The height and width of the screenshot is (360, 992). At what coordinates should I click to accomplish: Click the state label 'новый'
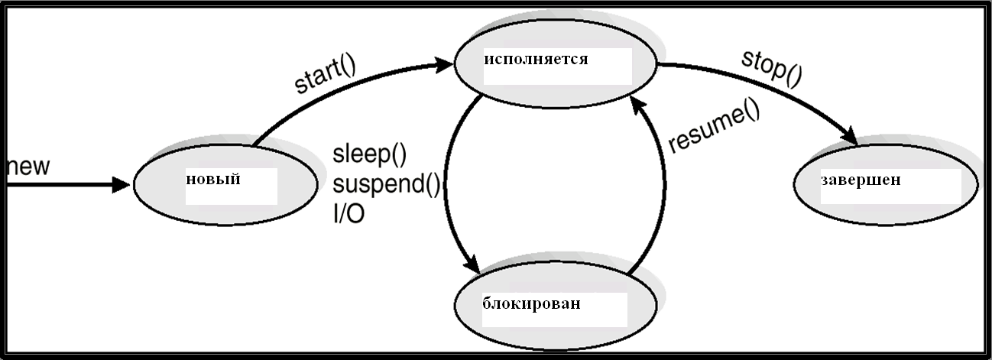(213, 180)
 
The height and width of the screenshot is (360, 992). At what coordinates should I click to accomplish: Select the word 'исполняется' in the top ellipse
(536, 60)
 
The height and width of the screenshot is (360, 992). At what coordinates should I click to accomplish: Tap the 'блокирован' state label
(531, 303)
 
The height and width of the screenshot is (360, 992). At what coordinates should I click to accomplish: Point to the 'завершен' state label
(861, 180)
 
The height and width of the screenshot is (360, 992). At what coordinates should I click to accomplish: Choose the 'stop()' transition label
(771, 69)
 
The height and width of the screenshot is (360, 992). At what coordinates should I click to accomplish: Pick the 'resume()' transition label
(714, 127)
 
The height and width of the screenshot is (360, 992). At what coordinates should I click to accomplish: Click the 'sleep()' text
(369, 154)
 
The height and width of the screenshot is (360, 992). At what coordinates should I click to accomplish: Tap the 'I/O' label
(348, 214)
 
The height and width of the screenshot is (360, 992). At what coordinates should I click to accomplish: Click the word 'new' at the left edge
(28, 167)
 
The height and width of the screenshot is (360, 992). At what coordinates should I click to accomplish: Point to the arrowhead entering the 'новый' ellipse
(121, 185)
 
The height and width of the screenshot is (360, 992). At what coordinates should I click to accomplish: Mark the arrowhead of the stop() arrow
(848, 136)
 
